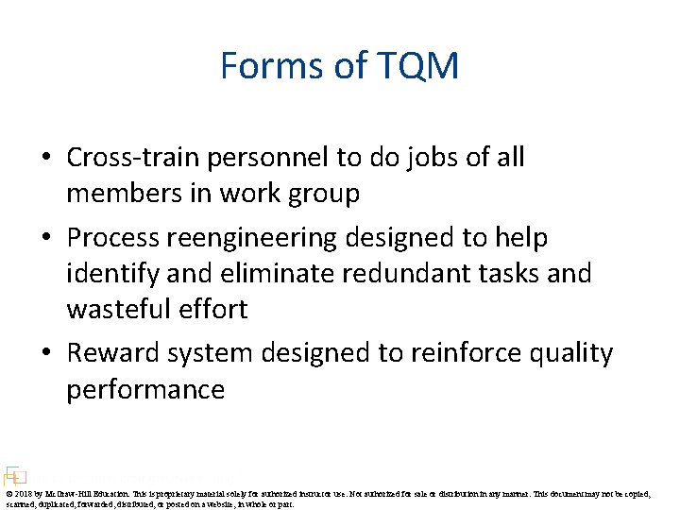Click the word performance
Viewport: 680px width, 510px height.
(145, 389)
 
